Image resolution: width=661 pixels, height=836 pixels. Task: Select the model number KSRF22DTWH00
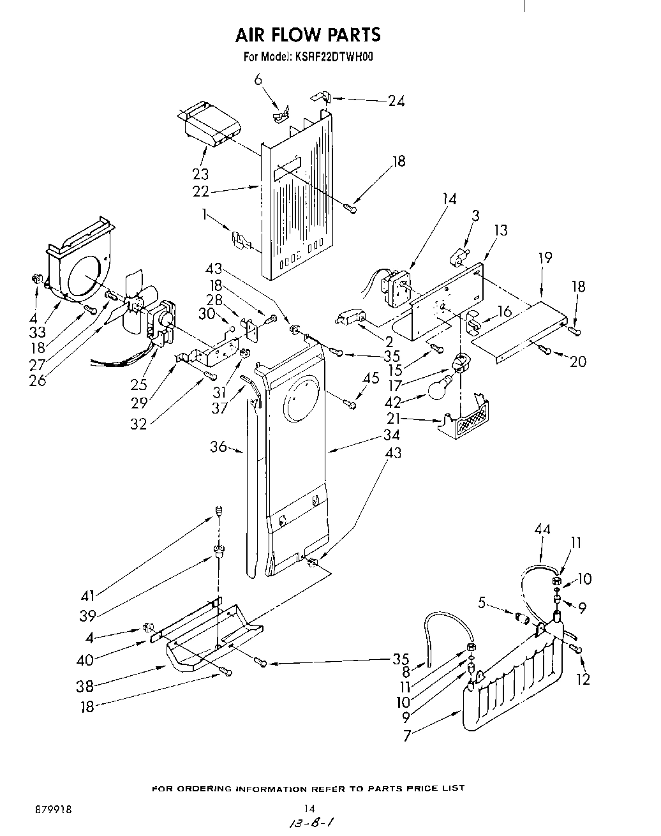coord(334,56)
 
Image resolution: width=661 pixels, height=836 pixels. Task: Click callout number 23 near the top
coord(200,174)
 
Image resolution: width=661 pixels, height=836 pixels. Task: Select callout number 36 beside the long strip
coord(218,447)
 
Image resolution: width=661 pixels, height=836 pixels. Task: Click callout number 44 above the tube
coord(542,529)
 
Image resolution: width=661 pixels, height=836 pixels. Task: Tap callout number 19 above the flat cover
coord(545,258)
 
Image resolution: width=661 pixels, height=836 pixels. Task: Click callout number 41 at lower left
coord(87,595)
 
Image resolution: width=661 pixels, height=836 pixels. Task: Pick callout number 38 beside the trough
coord(85,686)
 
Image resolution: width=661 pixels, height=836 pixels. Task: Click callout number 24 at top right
coord(396,100)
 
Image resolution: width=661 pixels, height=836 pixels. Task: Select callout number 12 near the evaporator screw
coord(583,680)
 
